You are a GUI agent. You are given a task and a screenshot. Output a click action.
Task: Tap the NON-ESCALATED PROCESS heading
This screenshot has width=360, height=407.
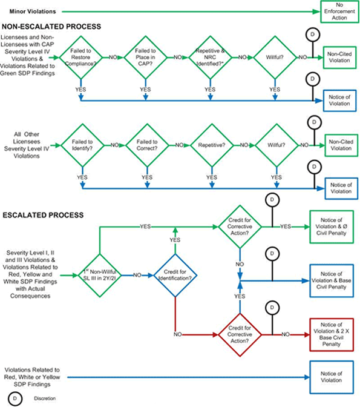click(51, 27)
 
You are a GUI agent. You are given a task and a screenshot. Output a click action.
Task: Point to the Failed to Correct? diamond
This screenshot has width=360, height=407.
click(145, 145)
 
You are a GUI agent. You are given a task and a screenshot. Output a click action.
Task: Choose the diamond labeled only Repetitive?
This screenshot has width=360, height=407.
click(210, 145)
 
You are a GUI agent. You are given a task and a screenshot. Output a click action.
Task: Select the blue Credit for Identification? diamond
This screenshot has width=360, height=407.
click(175, 274)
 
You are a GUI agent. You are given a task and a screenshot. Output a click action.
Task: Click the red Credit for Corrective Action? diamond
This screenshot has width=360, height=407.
click(240, 334)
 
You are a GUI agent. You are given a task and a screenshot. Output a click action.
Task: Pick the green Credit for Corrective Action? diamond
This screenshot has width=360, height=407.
click(240, 226)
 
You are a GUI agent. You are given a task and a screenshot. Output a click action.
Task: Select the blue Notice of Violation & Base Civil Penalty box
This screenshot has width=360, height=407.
click(332, 280)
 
